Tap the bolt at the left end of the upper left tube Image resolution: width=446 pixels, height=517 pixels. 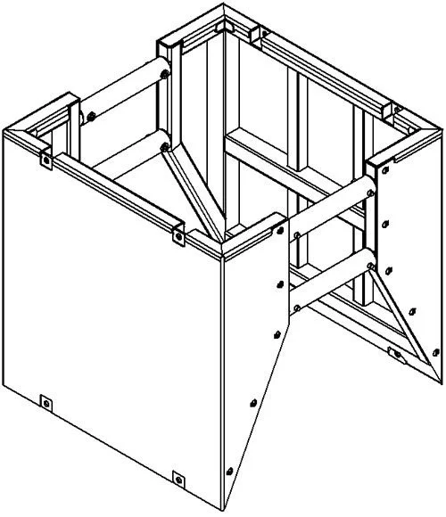click(x=88, y=114)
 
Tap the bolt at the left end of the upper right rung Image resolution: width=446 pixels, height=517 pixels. click(x=294, y=235)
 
